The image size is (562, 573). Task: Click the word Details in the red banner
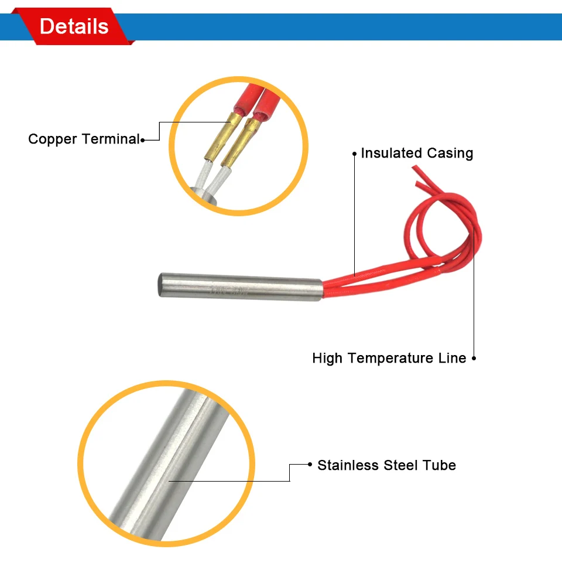point(74,26)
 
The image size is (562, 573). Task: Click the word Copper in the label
point(53,139)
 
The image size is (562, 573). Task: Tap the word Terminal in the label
point(111,139)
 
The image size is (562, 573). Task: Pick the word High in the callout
point(328,358)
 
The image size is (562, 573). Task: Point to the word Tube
point(440,466)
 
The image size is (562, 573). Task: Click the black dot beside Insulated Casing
point(354,154)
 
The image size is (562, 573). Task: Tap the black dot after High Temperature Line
point(474,358)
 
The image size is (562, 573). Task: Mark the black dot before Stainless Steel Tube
point(310,465)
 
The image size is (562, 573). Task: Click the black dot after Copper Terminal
point(142,139)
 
